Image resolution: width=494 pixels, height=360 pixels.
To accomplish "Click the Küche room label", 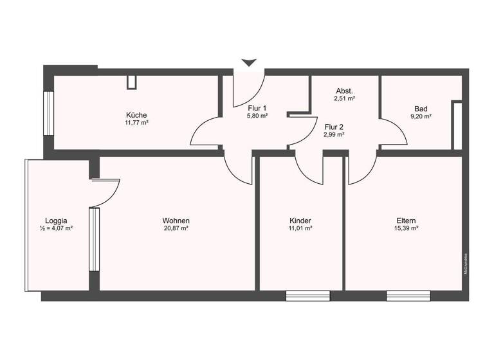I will pos(137,115).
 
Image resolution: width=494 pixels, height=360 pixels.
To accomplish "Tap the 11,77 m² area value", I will pos(137,122).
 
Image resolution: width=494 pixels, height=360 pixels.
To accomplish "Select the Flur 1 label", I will pos(257,108).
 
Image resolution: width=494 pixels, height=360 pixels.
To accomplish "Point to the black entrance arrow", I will pos(249,62).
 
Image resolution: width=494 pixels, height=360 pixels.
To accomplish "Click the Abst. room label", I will pos(345,91).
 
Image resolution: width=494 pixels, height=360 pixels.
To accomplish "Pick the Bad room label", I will pos(421,109).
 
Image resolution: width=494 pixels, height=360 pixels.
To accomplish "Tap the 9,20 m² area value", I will pos(421,116).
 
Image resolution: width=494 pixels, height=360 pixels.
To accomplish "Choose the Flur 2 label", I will pos(334,127).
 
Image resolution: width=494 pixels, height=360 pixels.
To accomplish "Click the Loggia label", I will pos(56,220).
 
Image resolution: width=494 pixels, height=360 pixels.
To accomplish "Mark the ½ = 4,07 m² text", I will pos(56,228).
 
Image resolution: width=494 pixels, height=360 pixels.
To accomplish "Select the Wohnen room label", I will pos(176,221).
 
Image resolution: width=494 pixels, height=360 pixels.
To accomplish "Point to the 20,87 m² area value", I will pos(176,228).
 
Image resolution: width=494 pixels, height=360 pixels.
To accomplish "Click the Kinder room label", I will pos(300,221).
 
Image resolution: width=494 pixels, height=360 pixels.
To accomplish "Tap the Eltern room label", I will pos(407,221).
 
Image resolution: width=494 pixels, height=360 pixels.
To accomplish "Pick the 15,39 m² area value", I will pos(407,228).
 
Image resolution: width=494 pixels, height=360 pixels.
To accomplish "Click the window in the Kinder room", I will pos(307,296).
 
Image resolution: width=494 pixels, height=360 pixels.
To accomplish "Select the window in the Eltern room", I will pos(408,296).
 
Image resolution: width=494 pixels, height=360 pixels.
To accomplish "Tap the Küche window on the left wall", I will pos(48,113).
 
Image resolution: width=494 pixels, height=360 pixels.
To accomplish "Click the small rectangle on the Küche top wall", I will pos(133,82).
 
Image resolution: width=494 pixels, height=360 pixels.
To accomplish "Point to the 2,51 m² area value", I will pos(345,99).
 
